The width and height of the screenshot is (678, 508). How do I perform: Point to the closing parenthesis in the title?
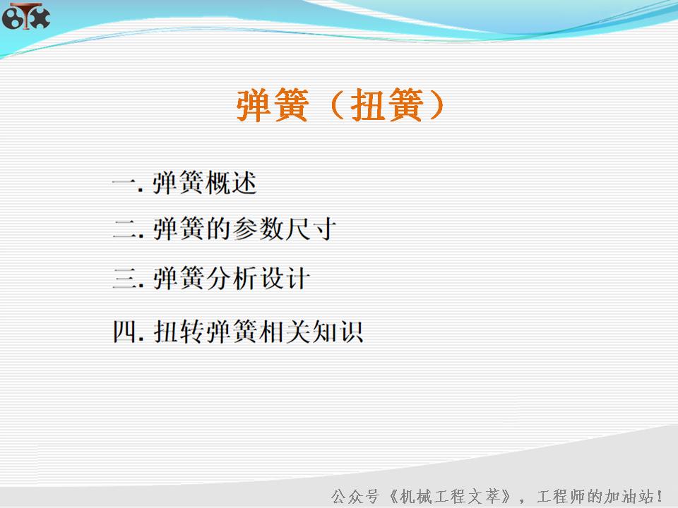tap(435, 107)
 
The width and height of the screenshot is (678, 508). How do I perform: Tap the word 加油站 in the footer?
tap(626, 495)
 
